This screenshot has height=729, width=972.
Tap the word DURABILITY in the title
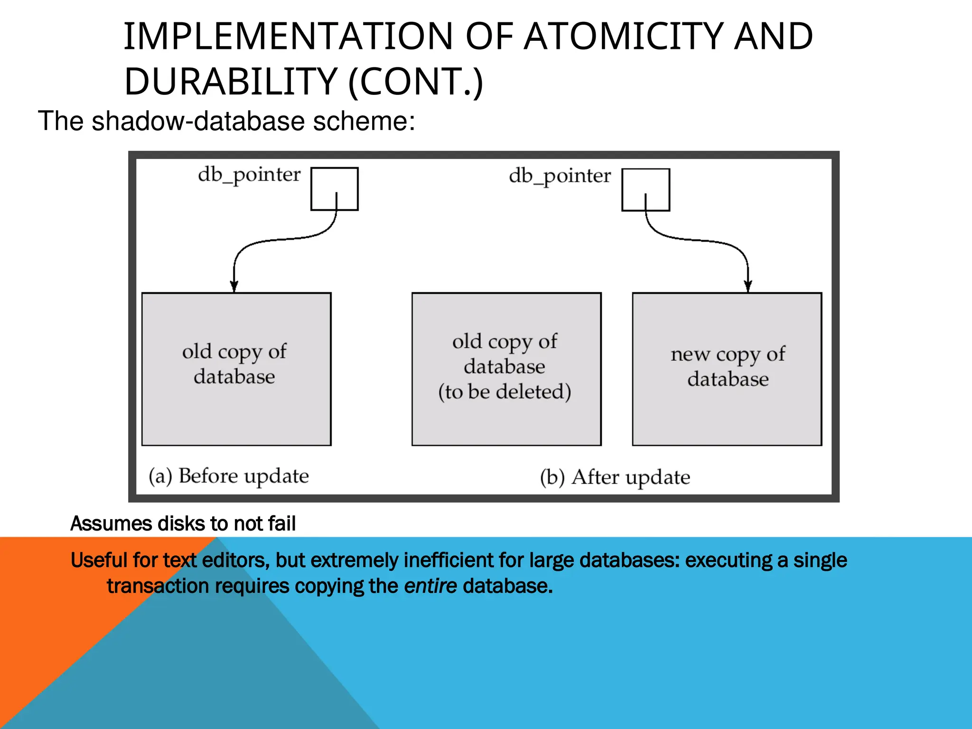tap(231, 82)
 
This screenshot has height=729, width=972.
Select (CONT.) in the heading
tap(416, 82)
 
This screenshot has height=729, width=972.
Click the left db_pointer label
tap(249, 175)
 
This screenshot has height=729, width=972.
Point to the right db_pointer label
tap(560, 177)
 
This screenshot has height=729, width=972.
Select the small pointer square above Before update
tap(334, 188)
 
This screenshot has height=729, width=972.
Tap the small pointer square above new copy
tap(645, 189)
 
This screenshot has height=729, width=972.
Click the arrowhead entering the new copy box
tap(748, 287)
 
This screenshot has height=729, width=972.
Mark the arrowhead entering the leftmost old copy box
tap(234, 287)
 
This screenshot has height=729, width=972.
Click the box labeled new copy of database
tap(727, 369)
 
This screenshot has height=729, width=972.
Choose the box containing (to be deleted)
tap(506, 369)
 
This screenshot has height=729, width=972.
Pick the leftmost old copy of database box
tap(236, 369)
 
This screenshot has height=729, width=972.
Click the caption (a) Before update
tap(229, 476)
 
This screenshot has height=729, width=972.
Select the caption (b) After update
tap(615, 477)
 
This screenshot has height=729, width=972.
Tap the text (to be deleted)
tap(505, 392)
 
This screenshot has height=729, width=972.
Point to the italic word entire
tap(430, 586)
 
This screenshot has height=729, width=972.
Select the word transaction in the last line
tap(158, 586)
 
